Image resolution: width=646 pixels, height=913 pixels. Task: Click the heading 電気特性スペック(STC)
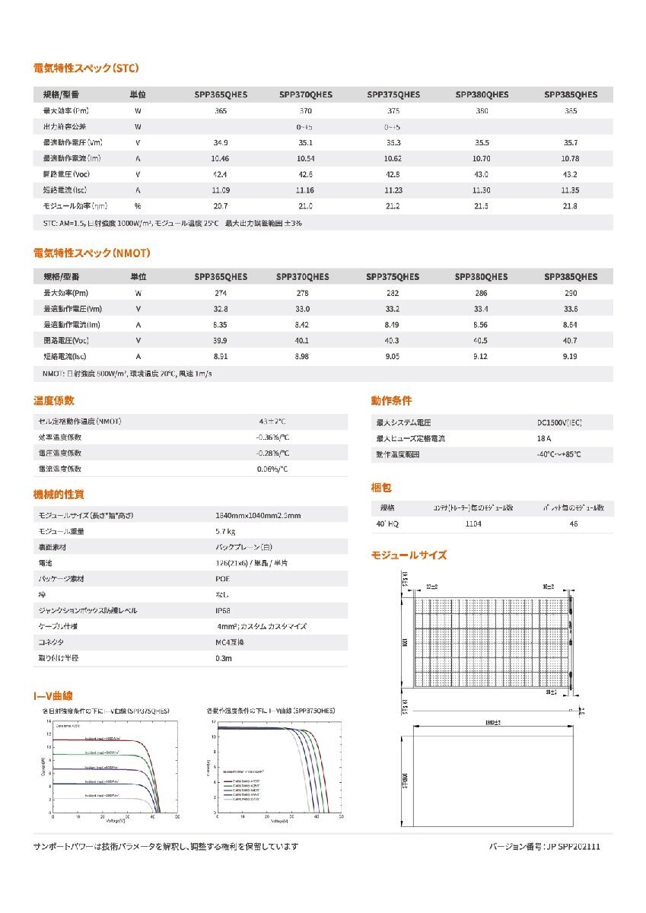click(x=86, y=68)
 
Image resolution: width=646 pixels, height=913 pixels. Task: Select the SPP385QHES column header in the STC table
click(x=571, y=95)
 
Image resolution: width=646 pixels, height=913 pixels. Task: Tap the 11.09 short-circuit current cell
click(x=221, y=190)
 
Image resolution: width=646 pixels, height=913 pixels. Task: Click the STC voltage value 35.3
click(x=393, y=142)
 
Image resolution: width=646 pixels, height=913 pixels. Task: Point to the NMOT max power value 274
click(x=221, y=293)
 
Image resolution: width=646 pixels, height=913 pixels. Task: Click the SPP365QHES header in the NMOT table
click(x=221, y=277)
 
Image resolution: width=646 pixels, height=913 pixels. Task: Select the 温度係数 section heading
click(x=54, y=401)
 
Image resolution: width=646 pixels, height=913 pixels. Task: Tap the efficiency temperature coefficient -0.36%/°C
click(x=272, y=437)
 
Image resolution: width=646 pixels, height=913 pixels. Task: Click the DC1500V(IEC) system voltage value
click(x=564, y=422)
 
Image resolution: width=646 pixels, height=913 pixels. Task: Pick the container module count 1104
click(x=474, y=524)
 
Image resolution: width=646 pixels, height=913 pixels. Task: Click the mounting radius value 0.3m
click(x=223, y=658)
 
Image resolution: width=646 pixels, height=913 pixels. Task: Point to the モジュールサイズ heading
click(x=409, y=555)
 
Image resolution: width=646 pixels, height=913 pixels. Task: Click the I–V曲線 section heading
click(x=54, y=695)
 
